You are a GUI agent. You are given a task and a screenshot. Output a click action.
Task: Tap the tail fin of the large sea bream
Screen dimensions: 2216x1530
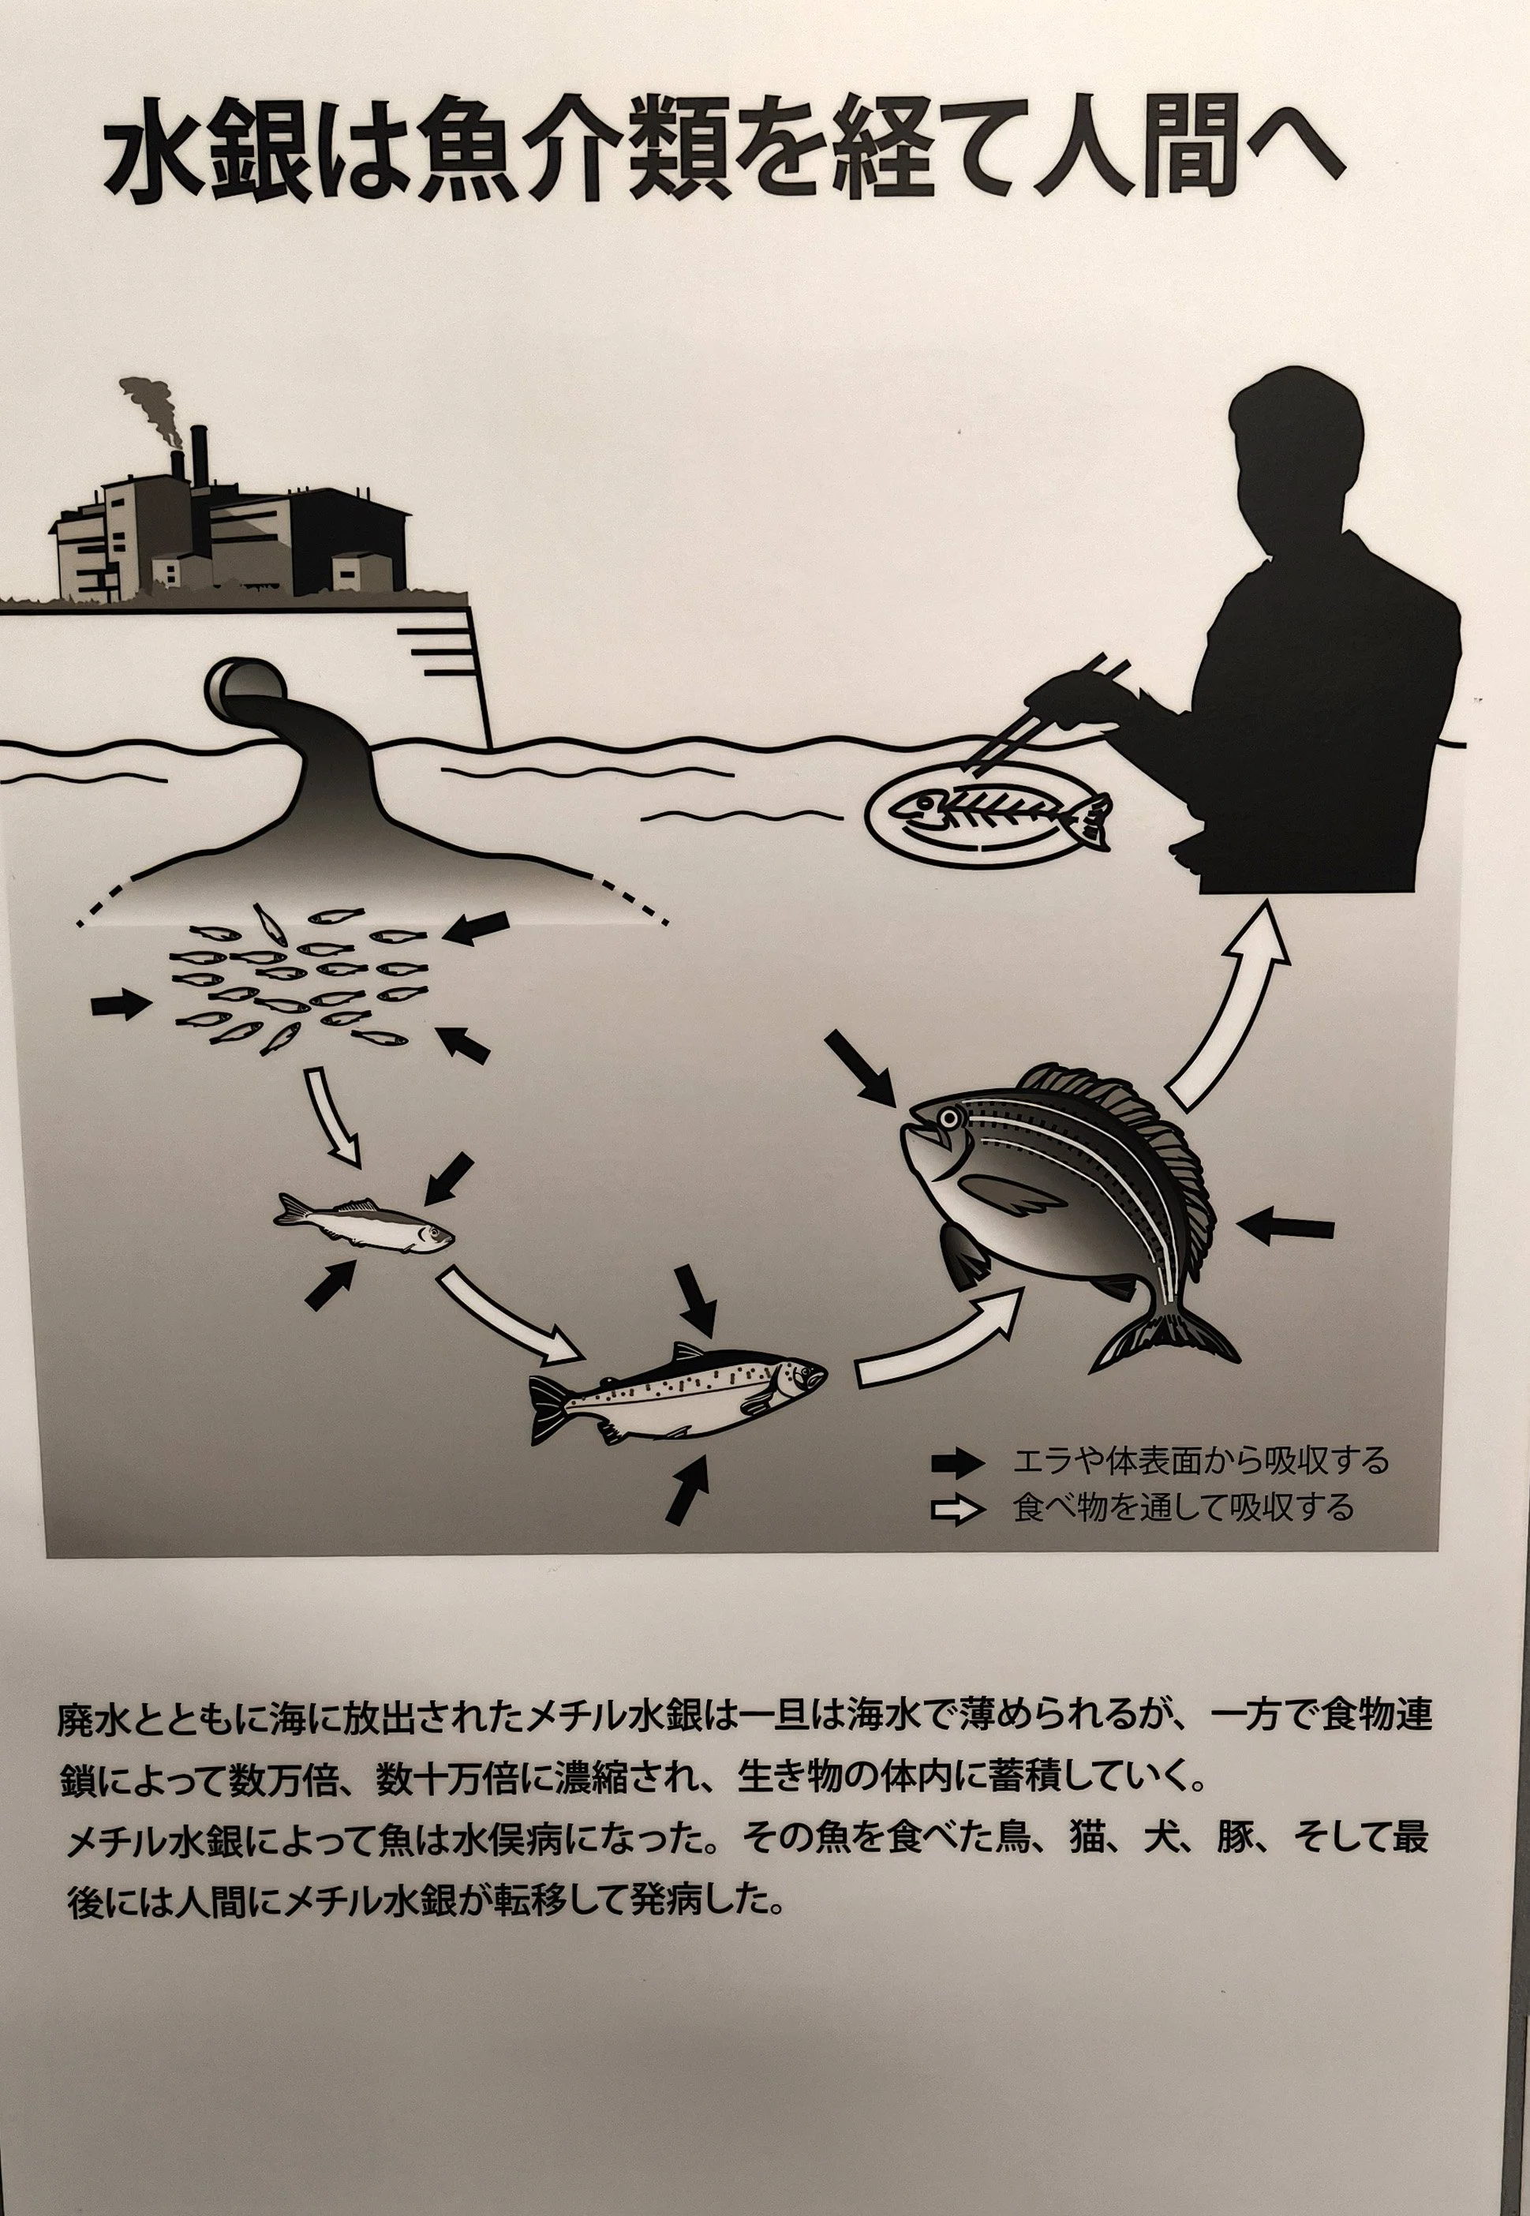coord(1165,1337)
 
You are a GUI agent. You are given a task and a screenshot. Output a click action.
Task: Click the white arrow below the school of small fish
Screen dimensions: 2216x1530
coord(331,1117)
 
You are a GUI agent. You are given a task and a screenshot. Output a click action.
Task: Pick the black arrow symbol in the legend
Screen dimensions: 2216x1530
coord(956,1462)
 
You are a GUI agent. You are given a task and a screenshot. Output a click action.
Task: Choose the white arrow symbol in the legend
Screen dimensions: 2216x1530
coord(956,1510)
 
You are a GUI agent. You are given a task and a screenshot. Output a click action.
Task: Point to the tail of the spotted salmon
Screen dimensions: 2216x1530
coord(552,1409)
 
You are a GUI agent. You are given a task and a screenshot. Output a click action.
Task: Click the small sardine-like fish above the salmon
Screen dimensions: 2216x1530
coord(365,1222)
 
